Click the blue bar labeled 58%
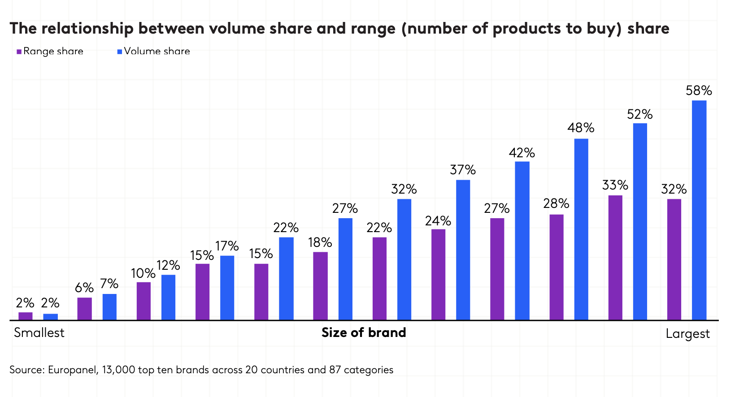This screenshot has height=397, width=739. pos(699,210)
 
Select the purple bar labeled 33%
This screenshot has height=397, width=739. pos(615,258)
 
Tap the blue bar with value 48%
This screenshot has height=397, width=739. pos(581,229)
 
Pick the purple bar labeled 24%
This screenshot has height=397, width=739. pos(438,275)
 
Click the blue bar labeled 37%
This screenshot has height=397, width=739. pos(463,250)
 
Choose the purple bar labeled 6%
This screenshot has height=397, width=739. pos(84,309)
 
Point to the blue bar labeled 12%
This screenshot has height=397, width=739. pos(168,298)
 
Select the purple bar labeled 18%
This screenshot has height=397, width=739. pos(320,286)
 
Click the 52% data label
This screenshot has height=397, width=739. pos(640,115)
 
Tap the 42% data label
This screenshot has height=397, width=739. pos(522,153)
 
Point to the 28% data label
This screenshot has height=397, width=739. pos(556,204)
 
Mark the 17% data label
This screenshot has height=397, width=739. pos(227,246)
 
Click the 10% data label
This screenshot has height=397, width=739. pos(143,273)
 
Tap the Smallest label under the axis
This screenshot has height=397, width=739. pos(39,333)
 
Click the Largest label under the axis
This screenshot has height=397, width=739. pos(687,334)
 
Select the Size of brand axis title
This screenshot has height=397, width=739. pos(364,333)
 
